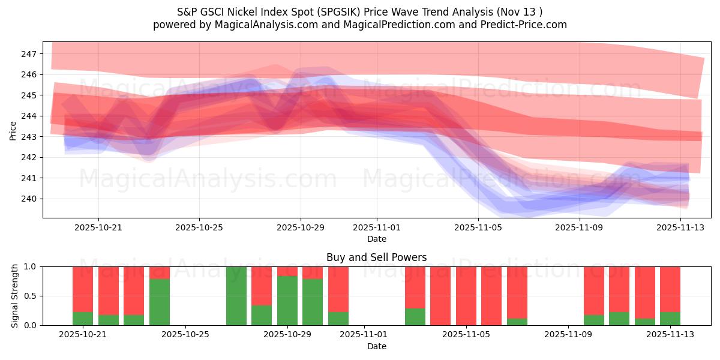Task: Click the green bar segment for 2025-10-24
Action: pyautogui.click(x=160, y=302)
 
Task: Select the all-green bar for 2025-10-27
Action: pyautogui.click(x=236, y=296)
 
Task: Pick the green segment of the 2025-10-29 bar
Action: pyautogui.click(x=287, y=301)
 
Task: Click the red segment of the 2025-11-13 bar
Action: pyautogui.click(x=670, y=289)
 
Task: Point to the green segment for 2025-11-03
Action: pyautogui.click(x=415, y=317)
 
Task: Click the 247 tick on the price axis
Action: pyautogui.click(x=29, y=54)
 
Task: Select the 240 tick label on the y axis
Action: pyautogui.click(x=29, y=199)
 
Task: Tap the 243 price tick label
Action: pyautogui.click(x=29, y=137)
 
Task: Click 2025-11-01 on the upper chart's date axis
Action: pyautogui.click(x=377, y=228)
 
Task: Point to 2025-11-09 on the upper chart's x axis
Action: pyautogui.click(x=580, y=228)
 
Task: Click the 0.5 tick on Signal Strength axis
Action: pyautogui.click(x=30, y=296)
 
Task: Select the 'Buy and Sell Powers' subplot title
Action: pyautogui.click(x=377, y=257)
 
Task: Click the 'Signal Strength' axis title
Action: pyautogui.click(x=16, y=296)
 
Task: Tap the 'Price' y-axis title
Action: pyautogui.click(x=13, y=130)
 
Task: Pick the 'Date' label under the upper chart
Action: pyautogui.click(x=377, y=239)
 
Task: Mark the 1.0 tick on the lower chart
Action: pyautogui.click(x=30, y=266)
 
